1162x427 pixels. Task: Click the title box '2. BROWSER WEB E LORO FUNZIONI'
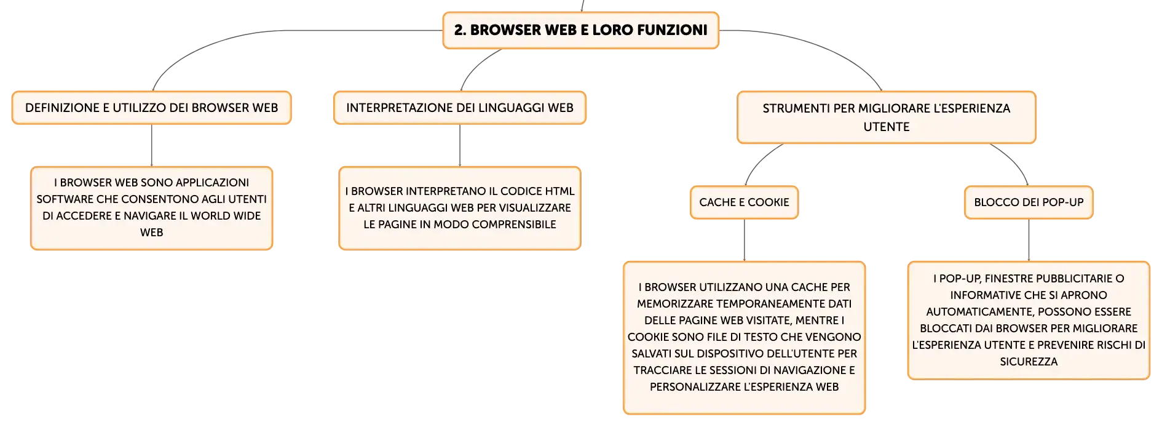pyautogui.click(x=580, y=30)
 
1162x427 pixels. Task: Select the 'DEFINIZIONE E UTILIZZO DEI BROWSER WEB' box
pyautogui.click(x=151, y=108)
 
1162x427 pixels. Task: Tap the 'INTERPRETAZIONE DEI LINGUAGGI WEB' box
pyautogui.click(x=460, y=108)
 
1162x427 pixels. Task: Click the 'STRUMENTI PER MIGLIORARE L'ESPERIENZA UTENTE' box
pyautogui.click(x=887, y=118)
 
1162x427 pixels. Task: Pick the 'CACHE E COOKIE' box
pyautogui.click(x=744, y=202)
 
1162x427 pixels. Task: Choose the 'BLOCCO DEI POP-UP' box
pyautogui.click(x=1029, y=202)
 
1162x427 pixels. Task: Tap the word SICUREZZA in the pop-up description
pyautogui.click(x=1029, y=362)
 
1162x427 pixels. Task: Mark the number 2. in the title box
pyautogui.click(x=460, y=30)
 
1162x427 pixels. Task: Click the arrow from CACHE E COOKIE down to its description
pyautogui.click(x=744, y=240)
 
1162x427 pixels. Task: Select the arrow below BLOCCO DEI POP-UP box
pyautogui.click(x=1029, y=240)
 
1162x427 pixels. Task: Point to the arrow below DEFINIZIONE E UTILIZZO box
pyautogui.click(x=151, y=145)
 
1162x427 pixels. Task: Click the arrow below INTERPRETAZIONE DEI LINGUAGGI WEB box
pyautogui.click(x=460, y=145)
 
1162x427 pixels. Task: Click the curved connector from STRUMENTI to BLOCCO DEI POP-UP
pyautogui.click(x=1014, y=160)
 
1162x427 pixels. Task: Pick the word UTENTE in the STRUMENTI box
pyautogui.click(x=887, y=127)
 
